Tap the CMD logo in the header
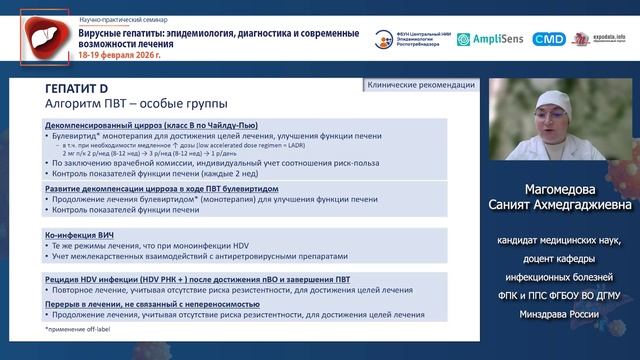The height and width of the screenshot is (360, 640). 549,39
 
